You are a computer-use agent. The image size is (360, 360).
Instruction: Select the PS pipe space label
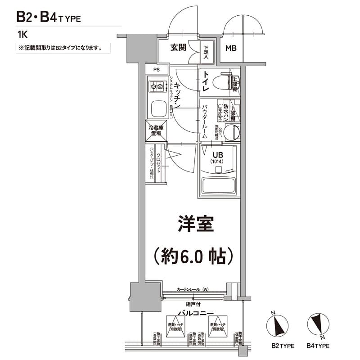coord(156,70)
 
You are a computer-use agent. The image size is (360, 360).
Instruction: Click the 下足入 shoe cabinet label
coord(206,52)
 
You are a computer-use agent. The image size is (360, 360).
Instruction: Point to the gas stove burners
coord(157,85)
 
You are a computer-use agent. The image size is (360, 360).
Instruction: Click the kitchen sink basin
coord(157,108)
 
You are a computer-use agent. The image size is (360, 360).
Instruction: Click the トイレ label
coord(205,82)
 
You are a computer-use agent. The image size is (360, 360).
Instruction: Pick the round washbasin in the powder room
coord(232,132)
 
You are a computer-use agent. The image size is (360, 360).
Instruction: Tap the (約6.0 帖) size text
coord(193,256)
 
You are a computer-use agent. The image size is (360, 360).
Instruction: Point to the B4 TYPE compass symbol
coord(318,325)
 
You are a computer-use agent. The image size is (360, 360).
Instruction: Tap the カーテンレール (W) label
coord(193,289)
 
